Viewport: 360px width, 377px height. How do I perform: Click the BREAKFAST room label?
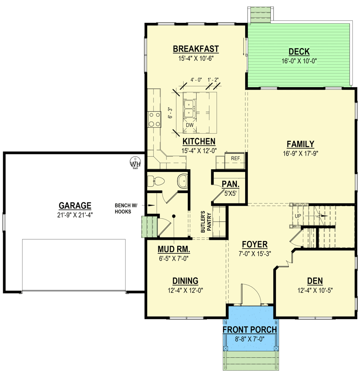[196, 49]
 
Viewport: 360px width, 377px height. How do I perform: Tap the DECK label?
[299, 51]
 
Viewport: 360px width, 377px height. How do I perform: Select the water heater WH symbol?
[135, 163]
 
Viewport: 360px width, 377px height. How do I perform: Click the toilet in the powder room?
[156, 181]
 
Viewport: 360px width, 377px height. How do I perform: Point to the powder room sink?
[182, 181]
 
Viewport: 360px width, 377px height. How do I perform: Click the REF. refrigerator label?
[236, 158]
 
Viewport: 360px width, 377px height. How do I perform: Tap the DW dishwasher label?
[189, 125]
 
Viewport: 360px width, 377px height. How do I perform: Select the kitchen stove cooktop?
[154, 120]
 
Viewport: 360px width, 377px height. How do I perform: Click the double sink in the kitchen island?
[189, 109]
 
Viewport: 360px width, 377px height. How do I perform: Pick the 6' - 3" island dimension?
[170, 112]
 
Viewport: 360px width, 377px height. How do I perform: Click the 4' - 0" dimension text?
[196, 80]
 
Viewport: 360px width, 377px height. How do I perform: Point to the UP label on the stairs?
[298, 216]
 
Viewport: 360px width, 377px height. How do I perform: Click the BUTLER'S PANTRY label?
[206, 222]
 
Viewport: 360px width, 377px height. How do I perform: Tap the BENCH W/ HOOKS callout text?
[126, 208]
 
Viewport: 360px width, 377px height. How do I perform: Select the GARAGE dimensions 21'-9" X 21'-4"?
[75, 215]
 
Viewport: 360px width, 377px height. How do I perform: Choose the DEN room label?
[315, 281]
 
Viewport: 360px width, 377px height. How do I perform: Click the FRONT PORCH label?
[250, 330]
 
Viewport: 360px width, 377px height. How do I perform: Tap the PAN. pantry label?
[230, 184]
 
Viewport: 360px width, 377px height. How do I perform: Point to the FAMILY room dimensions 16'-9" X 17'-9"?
[300, 153]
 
